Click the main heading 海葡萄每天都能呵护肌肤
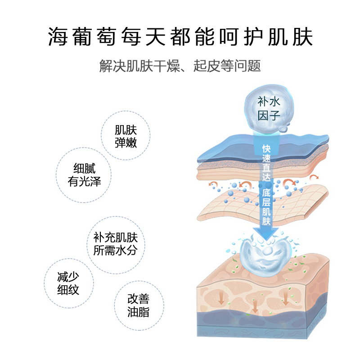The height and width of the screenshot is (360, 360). click(180, 37)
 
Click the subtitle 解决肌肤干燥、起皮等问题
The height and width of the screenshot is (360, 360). click(180, 66)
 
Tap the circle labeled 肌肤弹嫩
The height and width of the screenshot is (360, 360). click(126, 135)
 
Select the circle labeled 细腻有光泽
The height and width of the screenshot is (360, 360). click(84, 175)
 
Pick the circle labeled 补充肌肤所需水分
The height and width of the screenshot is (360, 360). click(116, 245)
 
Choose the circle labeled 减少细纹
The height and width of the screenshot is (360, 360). click(69, 283)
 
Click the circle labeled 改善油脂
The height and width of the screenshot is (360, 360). click(139, 306)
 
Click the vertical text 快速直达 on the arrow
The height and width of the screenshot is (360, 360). click(266, 163)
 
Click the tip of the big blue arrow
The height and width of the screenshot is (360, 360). click(266, 241)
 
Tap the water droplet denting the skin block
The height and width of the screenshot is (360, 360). click(265, 256)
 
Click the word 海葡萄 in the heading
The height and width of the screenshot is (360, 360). click(81, 37)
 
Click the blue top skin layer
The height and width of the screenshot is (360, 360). click(262, 148)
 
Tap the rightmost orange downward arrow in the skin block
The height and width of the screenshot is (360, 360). click(285, 299)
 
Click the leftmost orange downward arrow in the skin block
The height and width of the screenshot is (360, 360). click(221, 299)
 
